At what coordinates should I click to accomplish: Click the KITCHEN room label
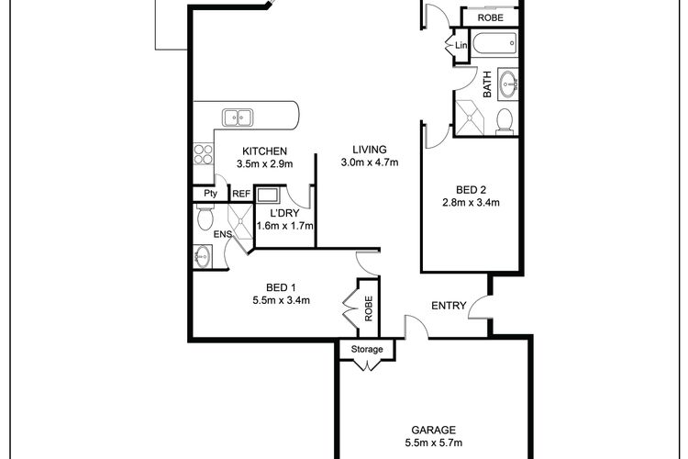click(264, 151)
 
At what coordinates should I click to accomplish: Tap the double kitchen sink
click(238, 118)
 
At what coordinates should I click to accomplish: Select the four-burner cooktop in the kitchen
click(203, 154)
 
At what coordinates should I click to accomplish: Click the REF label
click(241, 194)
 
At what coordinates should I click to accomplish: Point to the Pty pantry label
click(211, 194)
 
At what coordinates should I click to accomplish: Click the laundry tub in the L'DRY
click(268, 195)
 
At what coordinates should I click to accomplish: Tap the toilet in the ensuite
click(205, 217)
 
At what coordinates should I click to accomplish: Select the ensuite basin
click(203, 256)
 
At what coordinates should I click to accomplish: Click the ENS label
click(222, 235)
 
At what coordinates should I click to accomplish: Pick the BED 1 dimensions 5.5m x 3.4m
click(282, 300)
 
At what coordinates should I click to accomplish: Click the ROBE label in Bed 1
click(369, 308)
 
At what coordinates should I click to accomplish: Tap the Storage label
click(367, 349)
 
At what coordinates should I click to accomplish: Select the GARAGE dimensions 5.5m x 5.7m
click(434, 442)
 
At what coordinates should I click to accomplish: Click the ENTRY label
click(449, 306)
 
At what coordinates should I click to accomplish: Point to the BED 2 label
click(472, 190)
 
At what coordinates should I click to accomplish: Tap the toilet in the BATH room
click(505, 122)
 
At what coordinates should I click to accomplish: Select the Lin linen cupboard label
click(461, 45)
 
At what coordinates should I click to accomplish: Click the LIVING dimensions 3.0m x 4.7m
click(370, 162)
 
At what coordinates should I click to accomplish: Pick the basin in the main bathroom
click(509, 84)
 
